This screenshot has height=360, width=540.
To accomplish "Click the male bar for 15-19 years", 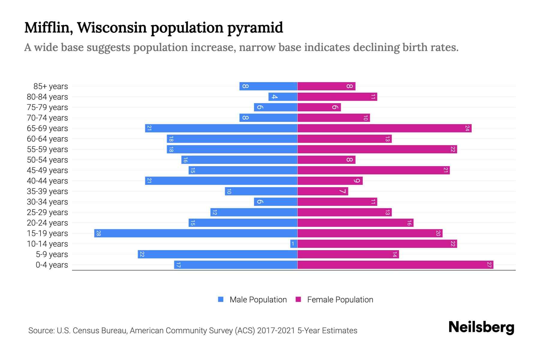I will point(196,233).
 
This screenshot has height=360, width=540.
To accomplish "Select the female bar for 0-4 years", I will point(395,265).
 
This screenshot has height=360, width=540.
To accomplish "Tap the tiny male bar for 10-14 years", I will point(294,244).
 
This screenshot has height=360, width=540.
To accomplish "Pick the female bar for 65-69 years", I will point(384,128).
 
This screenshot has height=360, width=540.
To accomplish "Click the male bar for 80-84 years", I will point(283,97).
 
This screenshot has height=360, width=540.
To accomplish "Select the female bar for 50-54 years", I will point(326,160).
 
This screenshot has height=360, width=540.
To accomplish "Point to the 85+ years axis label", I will point(51,86).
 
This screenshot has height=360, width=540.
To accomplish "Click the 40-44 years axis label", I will point(47,181).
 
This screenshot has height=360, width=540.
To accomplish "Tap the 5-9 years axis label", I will point(52,254).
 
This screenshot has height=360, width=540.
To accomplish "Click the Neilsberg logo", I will point(481,327).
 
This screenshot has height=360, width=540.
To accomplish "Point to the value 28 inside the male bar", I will point(98,233).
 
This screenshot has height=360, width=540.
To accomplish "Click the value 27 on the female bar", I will point(489,265).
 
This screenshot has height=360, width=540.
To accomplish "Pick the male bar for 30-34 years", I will point(275,202).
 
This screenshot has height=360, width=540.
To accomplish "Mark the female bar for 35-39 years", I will point(323,191).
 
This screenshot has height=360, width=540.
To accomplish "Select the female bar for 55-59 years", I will point(377,149).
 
